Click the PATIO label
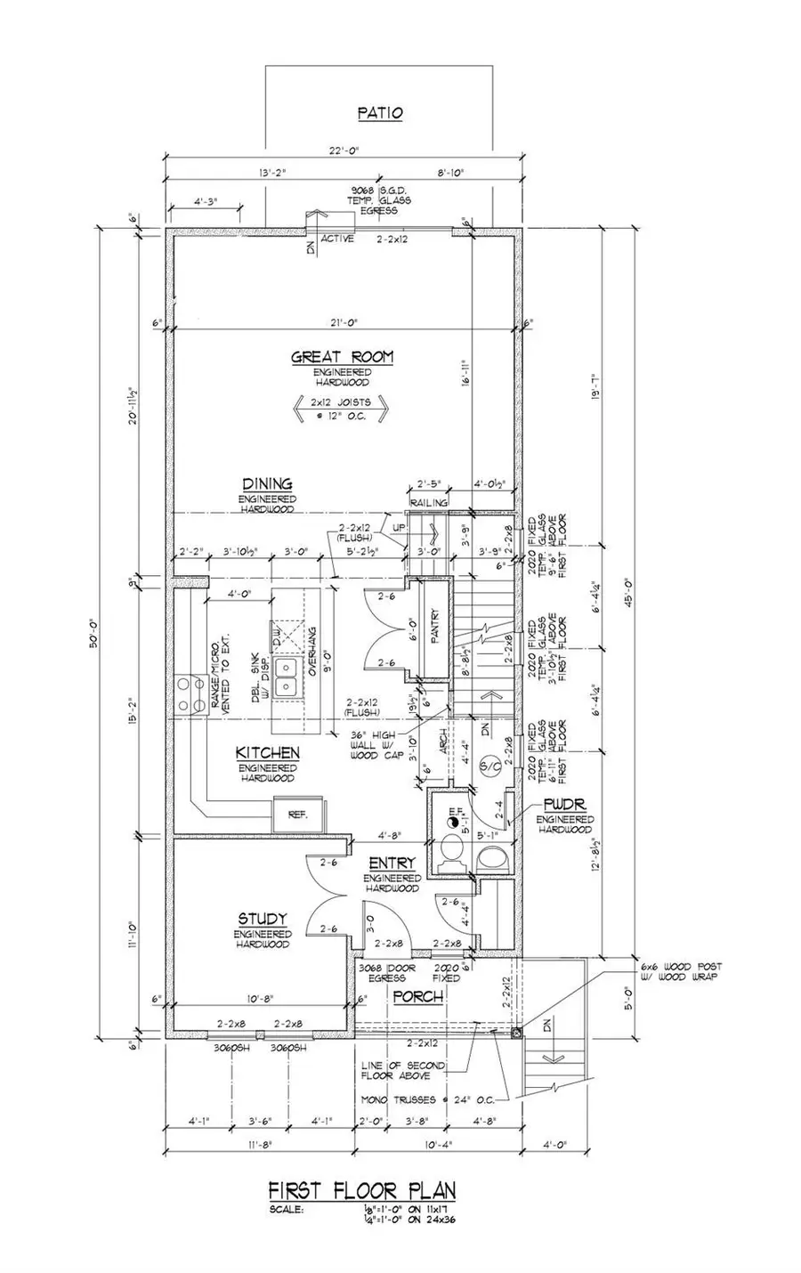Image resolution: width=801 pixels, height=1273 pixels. point(380,113)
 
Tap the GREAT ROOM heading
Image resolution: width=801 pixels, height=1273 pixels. point(343,357)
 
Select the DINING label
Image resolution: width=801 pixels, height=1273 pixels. point(267,484)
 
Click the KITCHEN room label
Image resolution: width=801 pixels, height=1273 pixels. point(267,753)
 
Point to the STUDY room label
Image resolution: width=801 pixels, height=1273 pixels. point(262,918)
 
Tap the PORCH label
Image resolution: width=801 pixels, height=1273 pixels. point(418,996)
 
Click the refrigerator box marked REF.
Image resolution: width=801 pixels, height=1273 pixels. point(296,814)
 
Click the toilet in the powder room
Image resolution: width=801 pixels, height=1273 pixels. point(490,859)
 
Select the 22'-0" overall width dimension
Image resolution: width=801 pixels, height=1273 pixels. point(342,150)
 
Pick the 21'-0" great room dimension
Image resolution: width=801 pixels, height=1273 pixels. point(342,322)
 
